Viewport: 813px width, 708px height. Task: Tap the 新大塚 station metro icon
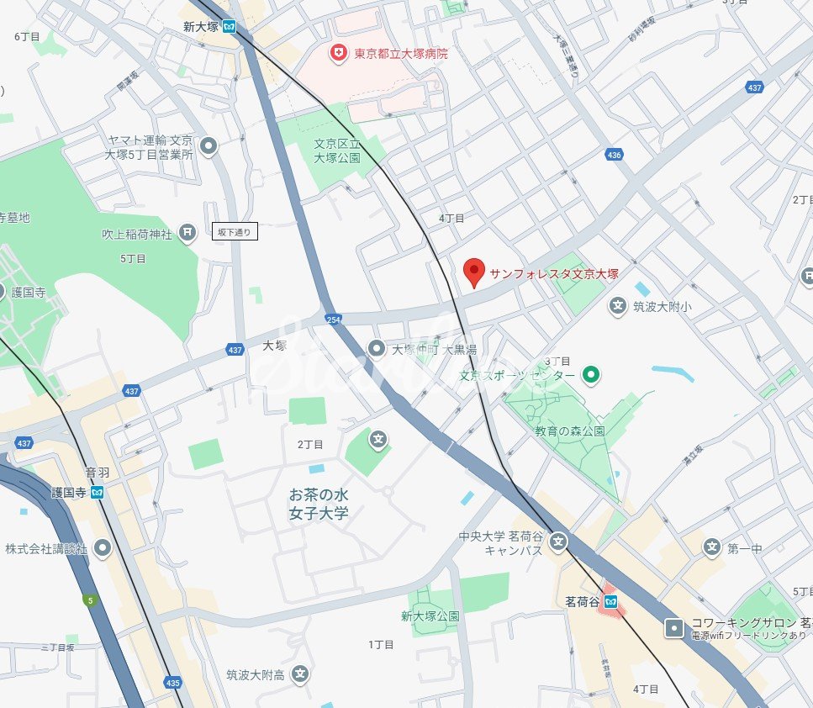click(x=229, y=26)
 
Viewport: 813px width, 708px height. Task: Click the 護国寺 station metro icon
click(x=98, y=492)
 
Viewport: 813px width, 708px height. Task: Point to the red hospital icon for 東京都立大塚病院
click(x=339, y=53)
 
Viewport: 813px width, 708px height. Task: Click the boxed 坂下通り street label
click(x=235, y=231)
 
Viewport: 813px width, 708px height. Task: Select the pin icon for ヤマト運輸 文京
click(x=209, y=147)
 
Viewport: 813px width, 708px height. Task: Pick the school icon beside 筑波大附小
click(x=618, y=306)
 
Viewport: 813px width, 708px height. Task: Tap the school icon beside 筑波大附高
click(x=300, y=674)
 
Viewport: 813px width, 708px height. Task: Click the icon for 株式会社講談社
click(x=103, y=548)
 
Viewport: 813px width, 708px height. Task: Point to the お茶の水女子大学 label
click(x=319, y=505)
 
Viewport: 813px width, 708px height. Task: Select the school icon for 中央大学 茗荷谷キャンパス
click(x=557, y=543)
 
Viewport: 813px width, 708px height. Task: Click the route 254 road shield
click(x=334, y=319)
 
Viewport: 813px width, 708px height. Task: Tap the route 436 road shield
click(x=614, y=155)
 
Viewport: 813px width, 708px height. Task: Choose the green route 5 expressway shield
click(x=89, y=600)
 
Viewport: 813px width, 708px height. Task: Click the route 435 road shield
click(x=173, y=682)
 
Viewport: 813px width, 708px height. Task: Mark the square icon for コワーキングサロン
click(x=674, y=627)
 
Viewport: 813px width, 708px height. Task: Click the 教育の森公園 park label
click(x=570, y=431)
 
